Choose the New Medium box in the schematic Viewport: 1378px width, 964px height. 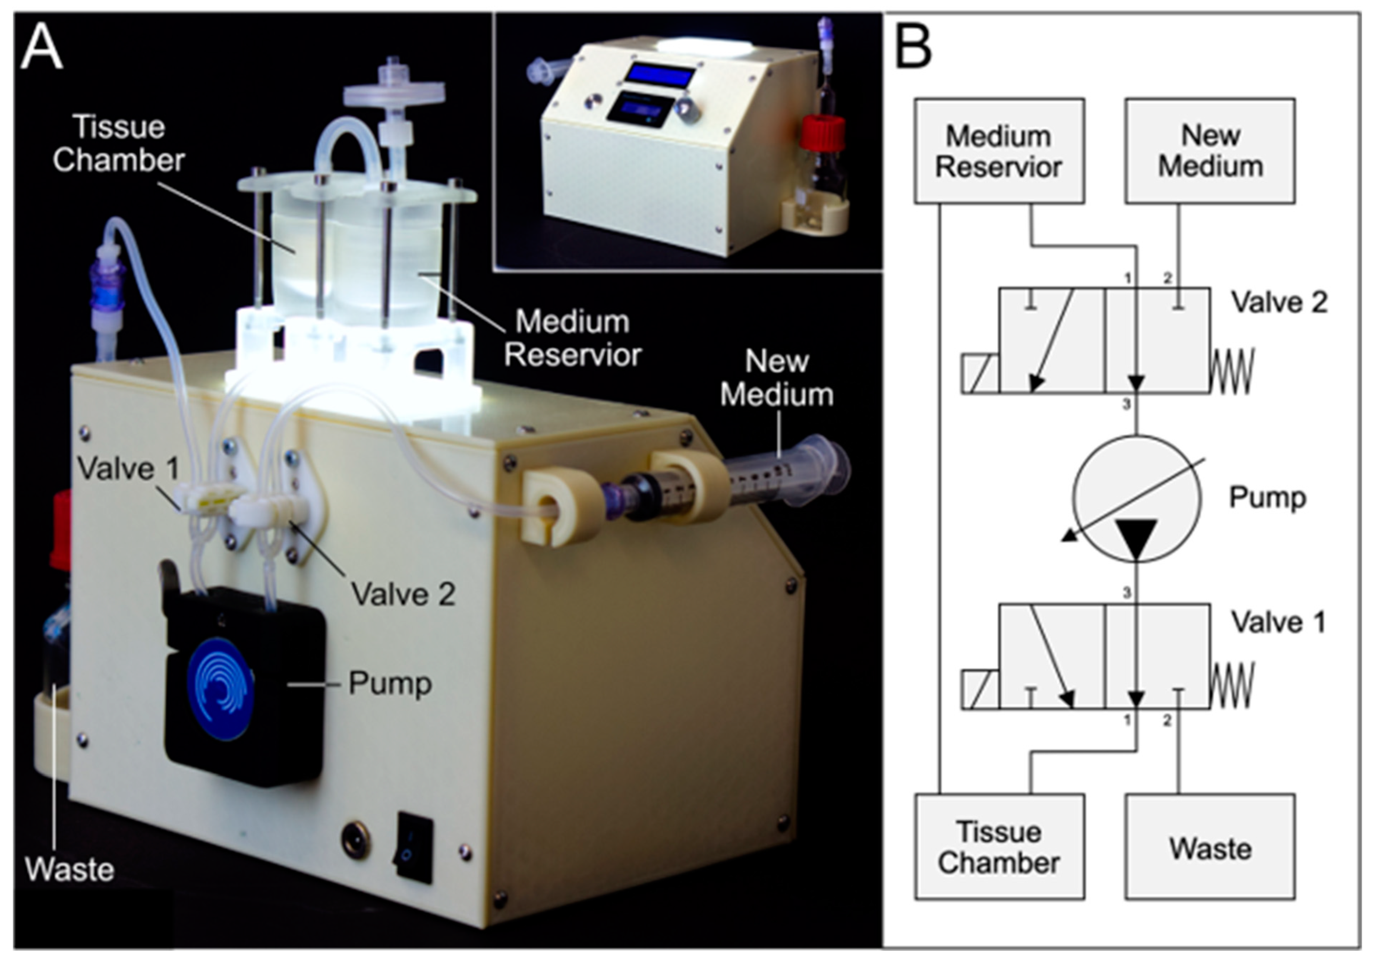pos(1210,151)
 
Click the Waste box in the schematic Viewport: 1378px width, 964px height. pos(1210,846)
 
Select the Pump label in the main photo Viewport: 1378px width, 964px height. pos(390,683)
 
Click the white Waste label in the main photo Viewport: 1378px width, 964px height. pos(70,869)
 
